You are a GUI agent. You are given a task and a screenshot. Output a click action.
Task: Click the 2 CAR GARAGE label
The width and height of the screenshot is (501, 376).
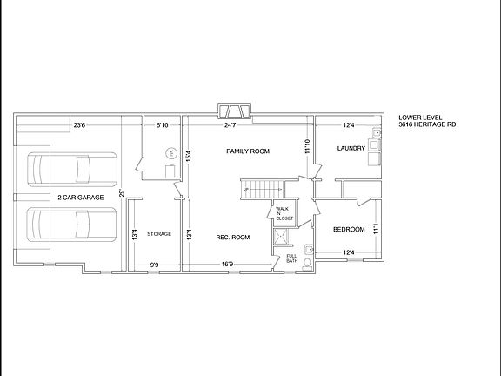(x=81, y=198)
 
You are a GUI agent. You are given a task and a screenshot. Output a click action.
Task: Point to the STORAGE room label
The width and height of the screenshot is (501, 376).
(x=159, y=234)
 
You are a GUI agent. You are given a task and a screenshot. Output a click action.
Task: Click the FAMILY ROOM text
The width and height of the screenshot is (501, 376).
(x=248, y=151)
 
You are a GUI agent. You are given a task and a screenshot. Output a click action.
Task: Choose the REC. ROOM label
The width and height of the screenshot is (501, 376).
(x=233, y=237)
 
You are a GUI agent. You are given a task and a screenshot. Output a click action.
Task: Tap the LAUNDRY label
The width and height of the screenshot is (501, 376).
(x=351, y=149)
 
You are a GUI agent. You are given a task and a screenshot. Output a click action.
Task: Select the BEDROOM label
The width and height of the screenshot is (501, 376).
(x=348, y=230)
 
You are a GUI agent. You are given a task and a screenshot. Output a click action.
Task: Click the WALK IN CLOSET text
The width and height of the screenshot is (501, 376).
(x=284, y=213)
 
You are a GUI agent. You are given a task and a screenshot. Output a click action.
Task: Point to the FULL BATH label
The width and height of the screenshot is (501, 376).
(x=292, y=258)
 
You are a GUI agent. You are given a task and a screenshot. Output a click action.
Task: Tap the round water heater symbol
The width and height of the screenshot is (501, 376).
(x=171, y=153)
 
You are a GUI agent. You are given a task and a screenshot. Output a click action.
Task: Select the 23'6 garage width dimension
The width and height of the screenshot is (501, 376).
(x=78, y=125)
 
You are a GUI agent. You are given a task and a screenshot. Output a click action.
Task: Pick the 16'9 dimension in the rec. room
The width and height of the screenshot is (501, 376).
(x=225, y=265)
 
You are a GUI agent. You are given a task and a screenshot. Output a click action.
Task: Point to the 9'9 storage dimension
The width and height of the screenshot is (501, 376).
(x=155, y=265)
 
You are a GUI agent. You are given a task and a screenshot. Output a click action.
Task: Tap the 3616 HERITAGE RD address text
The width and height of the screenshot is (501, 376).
(x=427, y=125)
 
